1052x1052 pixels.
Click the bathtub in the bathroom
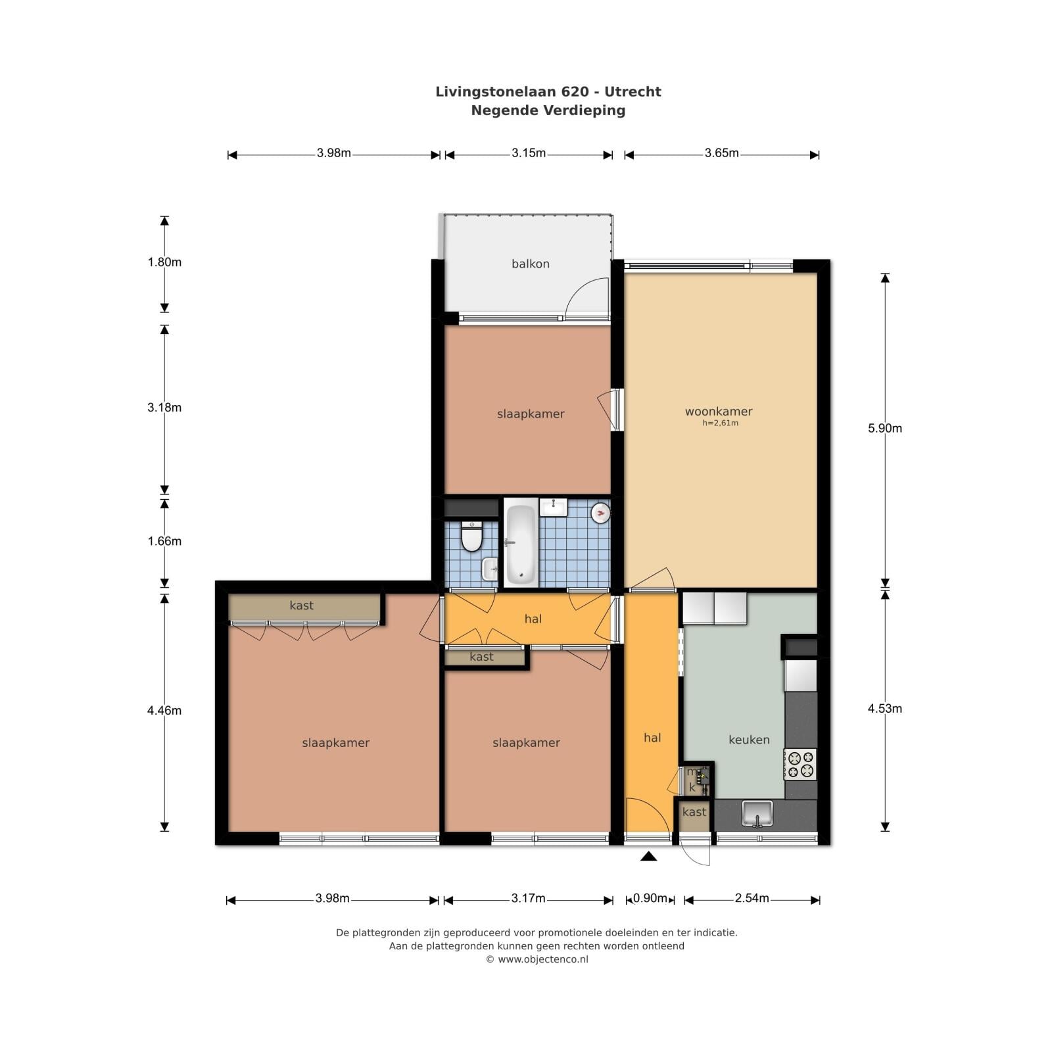521,543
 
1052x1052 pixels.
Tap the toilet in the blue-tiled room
471,536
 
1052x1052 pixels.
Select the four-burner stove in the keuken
800,764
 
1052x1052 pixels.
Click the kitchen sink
757,814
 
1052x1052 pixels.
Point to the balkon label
531,264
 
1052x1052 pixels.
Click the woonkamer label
719,412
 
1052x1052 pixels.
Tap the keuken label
749,740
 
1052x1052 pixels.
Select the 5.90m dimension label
885,428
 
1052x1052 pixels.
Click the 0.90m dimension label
650,898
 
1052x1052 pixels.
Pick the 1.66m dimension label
164,541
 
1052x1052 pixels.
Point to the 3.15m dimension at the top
529,153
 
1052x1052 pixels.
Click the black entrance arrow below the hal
649,855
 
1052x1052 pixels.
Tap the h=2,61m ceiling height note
721,423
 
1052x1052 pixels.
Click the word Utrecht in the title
633,91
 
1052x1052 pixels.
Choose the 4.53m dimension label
885,708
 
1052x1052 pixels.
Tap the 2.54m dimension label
752,898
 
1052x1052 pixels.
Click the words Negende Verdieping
548,110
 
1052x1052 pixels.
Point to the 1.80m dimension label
164,262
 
